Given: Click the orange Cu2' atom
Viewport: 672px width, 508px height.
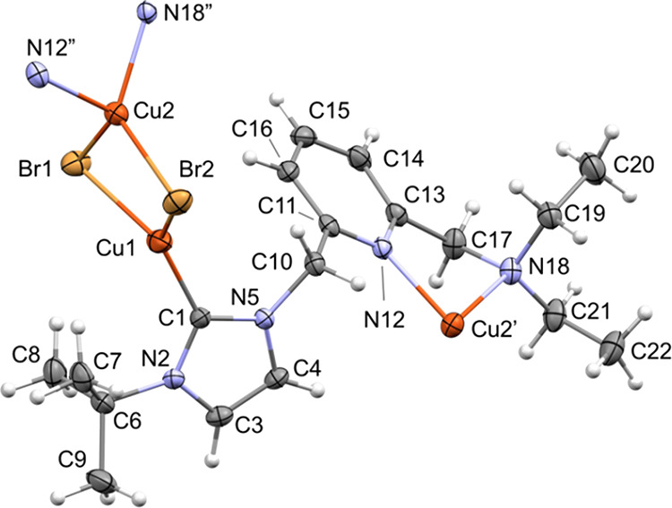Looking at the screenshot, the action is (x=454, y=320).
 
